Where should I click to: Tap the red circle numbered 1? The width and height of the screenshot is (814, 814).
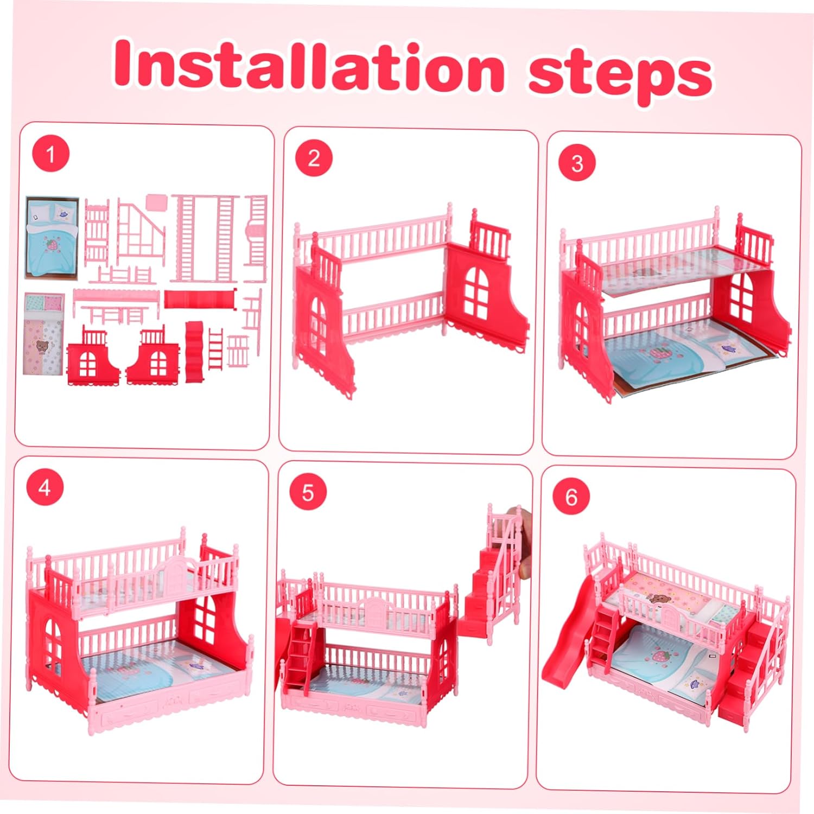50,154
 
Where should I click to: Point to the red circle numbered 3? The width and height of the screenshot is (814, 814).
577,163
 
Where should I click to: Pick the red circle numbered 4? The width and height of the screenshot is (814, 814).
44,487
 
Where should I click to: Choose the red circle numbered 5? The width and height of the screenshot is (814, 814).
308,492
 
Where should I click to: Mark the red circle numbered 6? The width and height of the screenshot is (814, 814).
571,497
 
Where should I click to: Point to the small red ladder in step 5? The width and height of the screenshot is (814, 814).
298,657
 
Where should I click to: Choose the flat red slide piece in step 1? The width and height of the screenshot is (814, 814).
200,299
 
